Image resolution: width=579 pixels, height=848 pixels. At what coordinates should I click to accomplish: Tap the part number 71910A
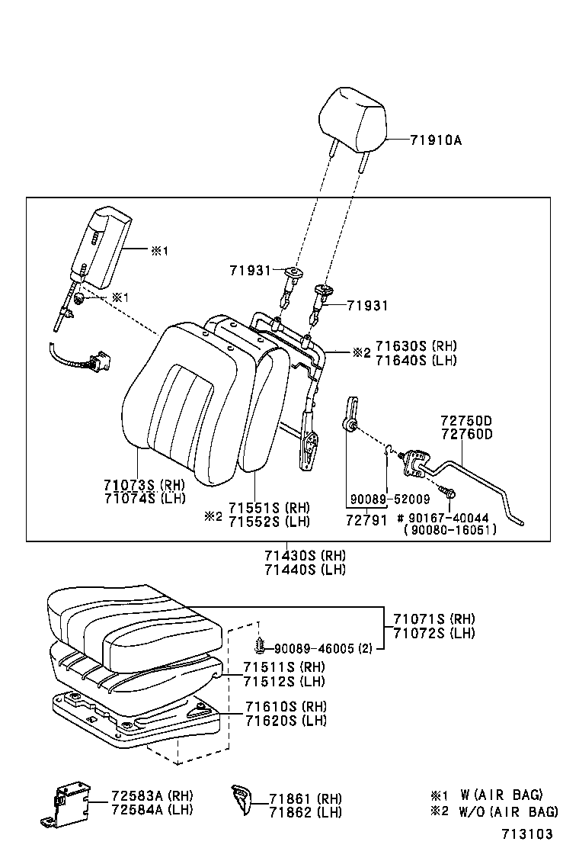click(x=436, y=140)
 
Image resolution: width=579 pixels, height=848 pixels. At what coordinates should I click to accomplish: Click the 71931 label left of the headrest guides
click(x=250, y=271)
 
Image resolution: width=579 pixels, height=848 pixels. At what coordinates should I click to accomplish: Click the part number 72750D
click(x=466, y=421)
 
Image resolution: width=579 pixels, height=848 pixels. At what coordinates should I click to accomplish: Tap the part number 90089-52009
click(x=390, y=499)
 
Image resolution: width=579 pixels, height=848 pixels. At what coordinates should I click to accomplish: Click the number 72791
click(x=364, y=519)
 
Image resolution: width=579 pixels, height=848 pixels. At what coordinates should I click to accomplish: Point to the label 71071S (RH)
click(x=433, y=618)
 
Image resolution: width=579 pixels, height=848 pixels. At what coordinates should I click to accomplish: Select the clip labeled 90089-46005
click(x=261, y=647)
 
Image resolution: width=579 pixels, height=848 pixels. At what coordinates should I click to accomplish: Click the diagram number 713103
click(x=527, y=834)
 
